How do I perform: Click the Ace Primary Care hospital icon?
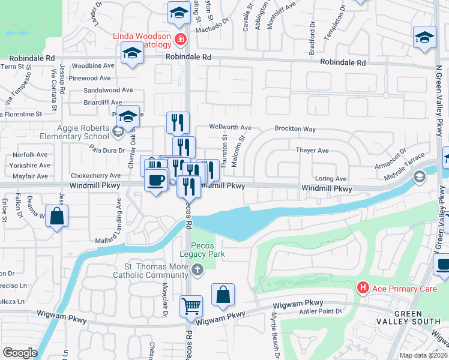pos(363,288)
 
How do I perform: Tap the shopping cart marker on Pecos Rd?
pos(191,307)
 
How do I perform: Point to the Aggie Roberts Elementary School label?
pos(83,132)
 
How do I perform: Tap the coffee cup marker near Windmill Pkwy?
pos(156,180)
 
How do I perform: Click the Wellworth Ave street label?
pos(230,127)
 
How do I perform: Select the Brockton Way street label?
pos(295,129)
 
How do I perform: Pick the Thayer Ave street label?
pos(312,151)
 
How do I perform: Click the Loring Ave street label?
pos(331,179)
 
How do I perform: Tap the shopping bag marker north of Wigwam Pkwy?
pos(223,295)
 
